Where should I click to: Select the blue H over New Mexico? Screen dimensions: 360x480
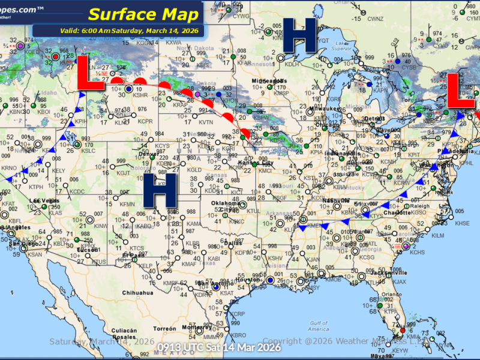[x=159, y=193]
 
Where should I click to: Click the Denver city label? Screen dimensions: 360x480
[x=149, y=154]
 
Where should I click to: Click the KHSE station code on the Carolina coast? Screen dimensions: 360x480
[x=463, y=223]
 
